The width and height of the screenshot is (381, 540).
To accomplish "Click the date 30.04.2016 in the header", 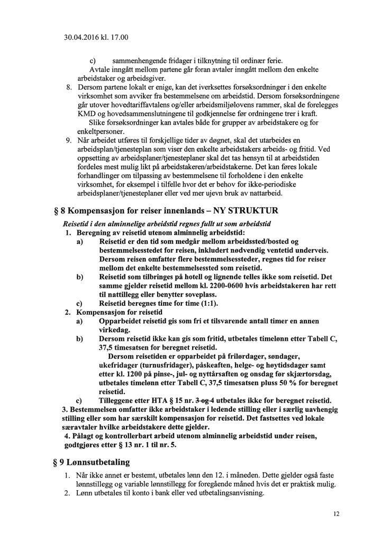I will pos(83,38).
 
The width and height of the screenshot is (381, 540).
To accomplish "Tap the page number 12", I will pos(337,514).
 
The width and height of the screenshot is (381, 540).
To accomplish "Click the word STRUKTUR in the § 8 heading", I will pos(251,210).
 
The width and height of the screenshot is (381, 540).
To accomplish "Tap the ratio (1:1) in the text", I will pos(204,303).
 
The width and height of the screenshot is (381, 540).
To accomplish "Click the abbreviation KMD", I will pos(86,114).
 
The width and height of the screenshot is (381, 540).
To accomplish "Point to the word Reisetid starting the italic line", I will pos(77,224).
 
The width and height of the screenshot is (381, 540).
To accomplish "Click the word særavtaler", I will pos(78,427).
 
